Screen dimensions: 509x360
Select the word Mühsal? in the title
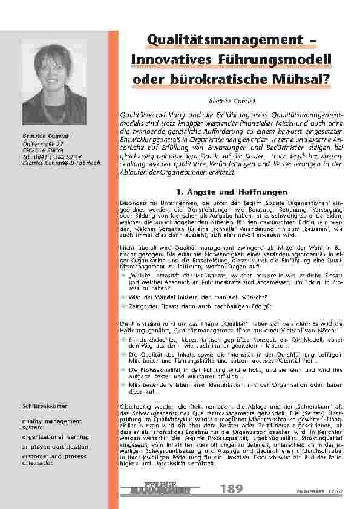coord(298,79)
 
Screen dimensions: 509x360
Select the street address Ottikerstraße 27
coord(42,144)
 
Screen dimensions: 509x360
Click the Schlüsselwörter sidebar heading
coord(45,406)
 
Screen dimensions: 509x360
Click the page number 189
coord(231,488)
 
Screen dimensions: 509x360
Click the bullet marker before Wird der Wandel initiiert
coord(123,297)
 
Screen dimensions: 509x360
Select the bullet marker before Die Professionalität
coord(123,368)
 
